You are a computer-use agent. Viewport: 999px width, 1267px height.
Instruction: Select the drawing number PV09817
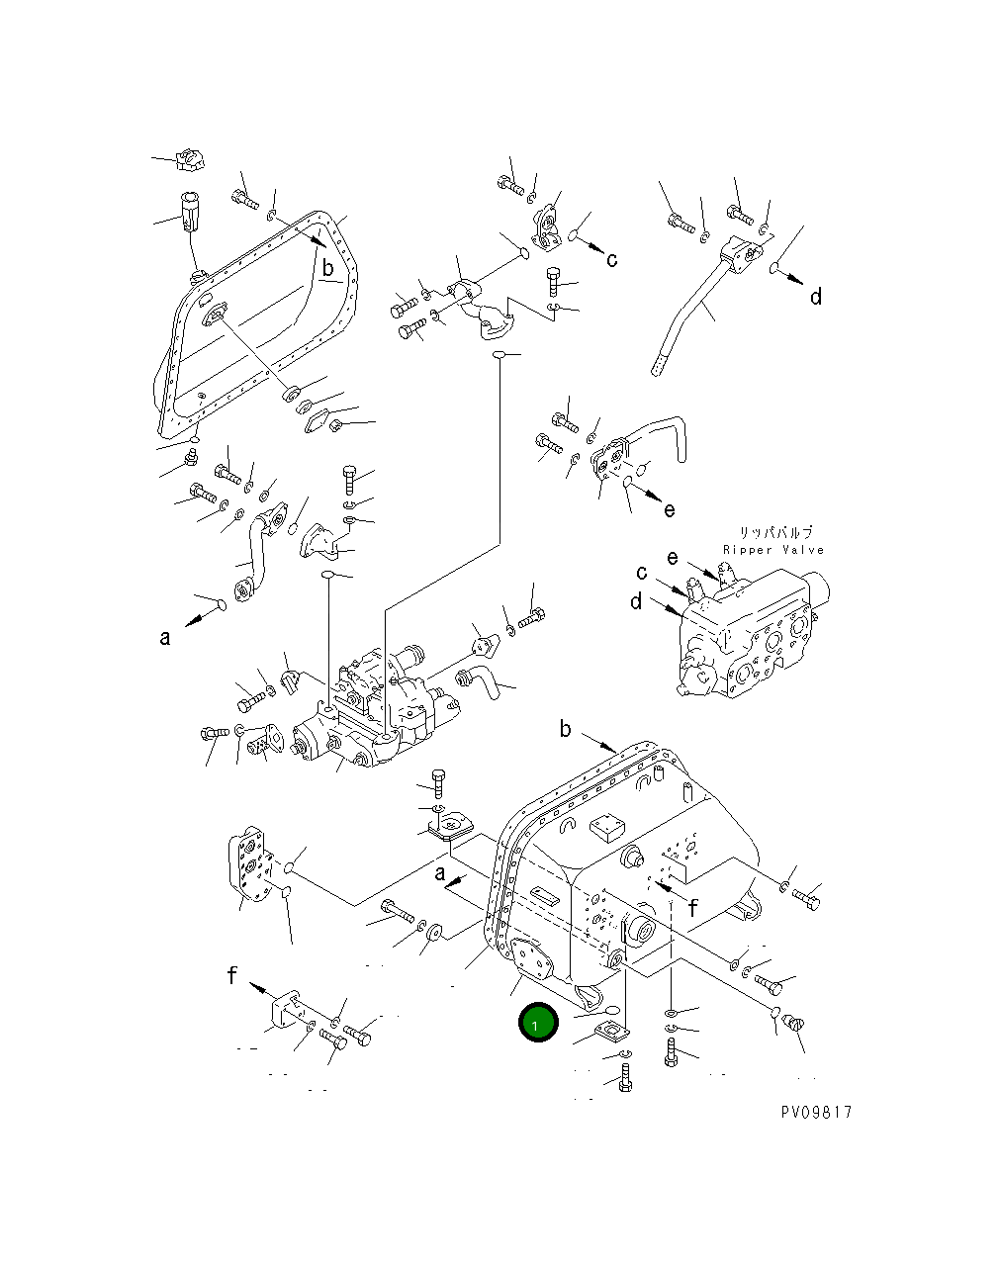tap(815, 1112)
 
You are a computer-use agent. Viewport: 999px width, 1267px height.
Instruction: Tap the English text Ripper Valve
tap(772, 550)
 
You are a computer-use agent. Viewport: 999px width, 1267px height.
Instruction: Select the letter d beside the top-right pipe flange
tap(816, 297)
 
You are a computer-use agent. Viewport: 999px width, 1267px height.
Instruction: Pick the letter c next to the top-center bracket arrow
tap(612, 260)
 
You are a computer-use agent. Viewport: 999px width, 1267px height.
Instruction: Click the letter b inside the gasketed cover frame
tap(326, 268)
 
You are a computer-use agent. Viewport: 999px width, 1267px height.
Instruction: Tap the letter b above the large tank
tap(565, 730)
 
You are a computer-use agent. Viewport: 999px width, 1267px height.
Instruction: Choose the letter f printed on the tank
tap(693, 908)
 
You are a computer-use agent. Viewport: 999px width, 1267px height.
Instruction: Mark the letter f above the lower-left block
tap(231, 976)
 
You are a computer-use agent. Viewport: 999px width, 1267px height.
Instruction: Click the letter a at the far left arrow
tap(165, 638)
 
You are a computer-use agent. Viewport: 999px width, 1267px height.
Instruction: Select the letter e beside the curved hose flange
tap(670, 510)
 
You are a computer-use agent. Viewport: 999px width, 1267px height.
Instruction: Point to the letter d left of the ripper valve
tap(636, 601)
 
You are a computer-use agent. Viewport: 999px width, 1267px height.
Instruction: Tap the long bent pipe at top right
tap(692, 317)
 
